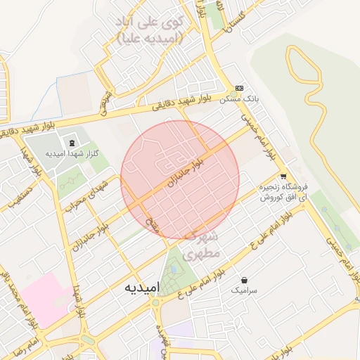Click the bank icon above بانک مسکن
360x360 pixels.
240,89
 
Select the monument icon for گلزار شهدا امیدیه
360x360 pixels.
73,143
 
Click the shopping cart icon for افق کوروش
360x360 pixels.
283,176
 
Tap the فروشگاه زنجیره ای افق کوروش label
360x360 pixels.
285,193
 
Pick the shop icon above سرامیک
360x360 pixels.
244,280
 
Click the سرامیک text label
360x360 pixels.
244,290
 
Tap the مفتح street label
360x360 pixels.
151,225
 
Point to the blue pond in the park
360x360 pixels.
174,269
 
